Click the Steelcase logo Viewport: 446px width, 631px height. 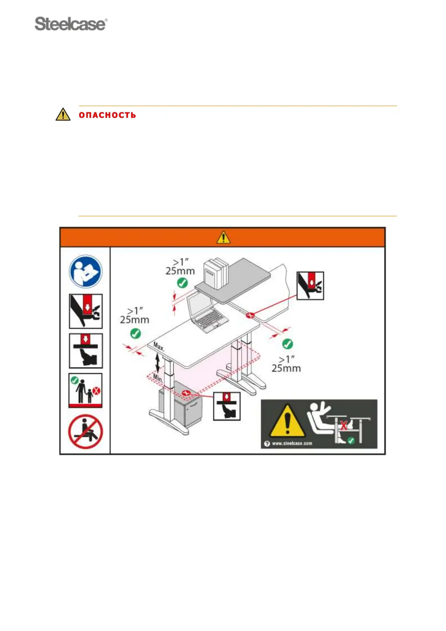coord(71,24)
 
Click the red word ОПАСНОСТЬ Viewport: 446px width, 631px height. coord(107,115)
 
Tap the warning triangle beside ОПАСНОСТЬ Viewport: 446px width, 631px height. coord(63,114)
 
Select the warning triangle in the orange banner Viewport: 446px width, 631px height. coord(223,237)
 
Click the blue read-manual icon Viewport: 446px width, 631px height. coord(85,271)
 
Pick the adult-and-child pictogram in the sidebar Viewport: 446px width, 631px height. coord(85,390)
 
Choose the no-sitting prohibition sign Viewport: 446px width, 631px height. coord(85,432)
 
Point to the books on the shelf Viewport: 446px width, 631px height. coord(216,273)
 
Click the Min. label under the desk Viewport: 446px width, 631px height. coord(158,378)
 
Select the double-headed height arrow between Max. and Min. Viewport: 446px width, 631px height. coord(158,362)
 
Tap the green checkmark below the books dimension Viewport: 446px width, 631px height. coord(182,283)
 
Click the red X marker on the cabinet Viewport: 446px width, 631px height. coord(185,393)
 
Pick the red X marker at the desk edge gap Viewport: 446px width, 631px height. coord(250,315)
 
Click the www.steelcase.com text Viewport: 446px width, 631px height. coord(292,443)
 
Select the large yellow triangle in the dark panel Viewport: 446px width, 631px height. coord(287,422)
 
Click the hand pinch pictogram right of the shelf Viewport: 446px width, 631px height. coord(310,286)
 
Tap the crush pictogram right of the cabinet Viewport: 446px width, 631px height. coord(227,406)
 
